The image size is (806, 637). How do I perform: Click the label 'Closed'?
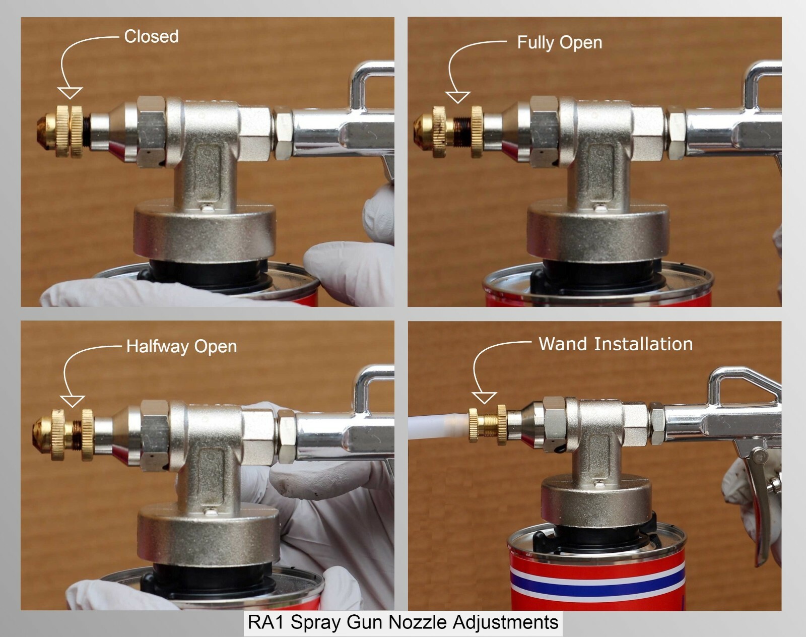(x=151, y=36)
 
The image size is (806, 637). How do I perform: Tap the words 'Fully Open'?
(x=559, y=43)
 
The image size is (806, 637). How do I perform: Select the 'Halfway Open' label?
(x=181, y=347)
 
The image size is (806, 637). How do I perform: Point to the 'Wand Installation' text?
(x=616, y=344)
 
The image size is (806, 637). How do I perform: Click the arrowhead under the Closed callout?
(x=70, y=93)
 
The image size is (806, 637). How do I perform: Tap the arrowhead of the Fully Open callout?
(x=457, y=97)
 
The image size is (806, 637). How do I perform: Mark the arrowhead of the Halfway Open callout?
(x=72, y=401)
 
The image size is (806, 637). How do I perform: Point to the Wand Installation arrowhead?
(x=484, y=398)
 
